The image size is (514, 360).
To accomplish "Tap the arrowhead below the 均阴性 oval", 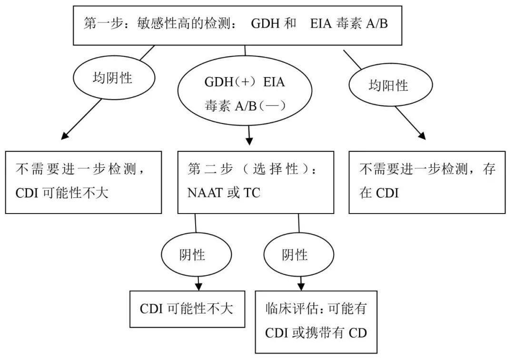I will point(67,137).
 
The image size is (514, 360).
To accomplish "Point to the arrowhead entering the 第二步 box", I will point(249,141).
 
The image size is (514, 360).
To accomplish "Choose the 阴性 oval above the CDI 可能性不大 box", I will point(192,255).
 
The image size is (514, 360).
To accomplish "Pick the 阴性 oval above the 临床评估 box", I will point(295,255).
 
